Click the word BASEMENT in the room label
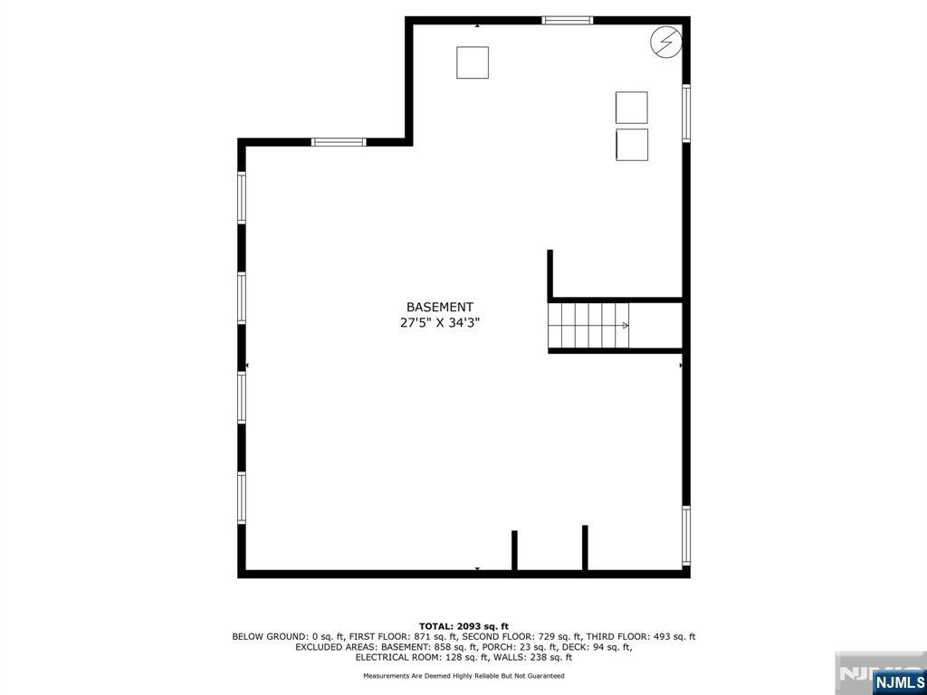(x=439, y=308)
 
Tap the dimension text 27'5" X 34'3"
(x=439, y=323)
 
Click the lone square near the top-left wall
(x=472, y=62)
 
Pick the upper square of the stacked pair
(x=631, y=108)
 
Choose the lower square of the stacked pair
(x=631, y=145)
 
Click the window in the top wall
(x=568, y=20)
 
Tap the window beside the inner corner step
(x=339, y=142)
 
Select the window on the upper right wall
(x=686, y=113)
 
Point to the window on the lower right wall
(x=686, y=537)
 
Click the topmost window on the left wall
(x=242, y=197)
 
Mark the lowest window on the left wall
(x=242, y=498)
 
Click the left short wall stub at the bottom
(x=514, y=550)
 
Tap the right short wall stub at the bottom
(x=585, y=547)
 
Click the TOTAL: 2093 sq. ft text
(x=463, y=626)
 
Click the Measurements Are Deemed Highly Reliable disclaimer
(x=463, y=676)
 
